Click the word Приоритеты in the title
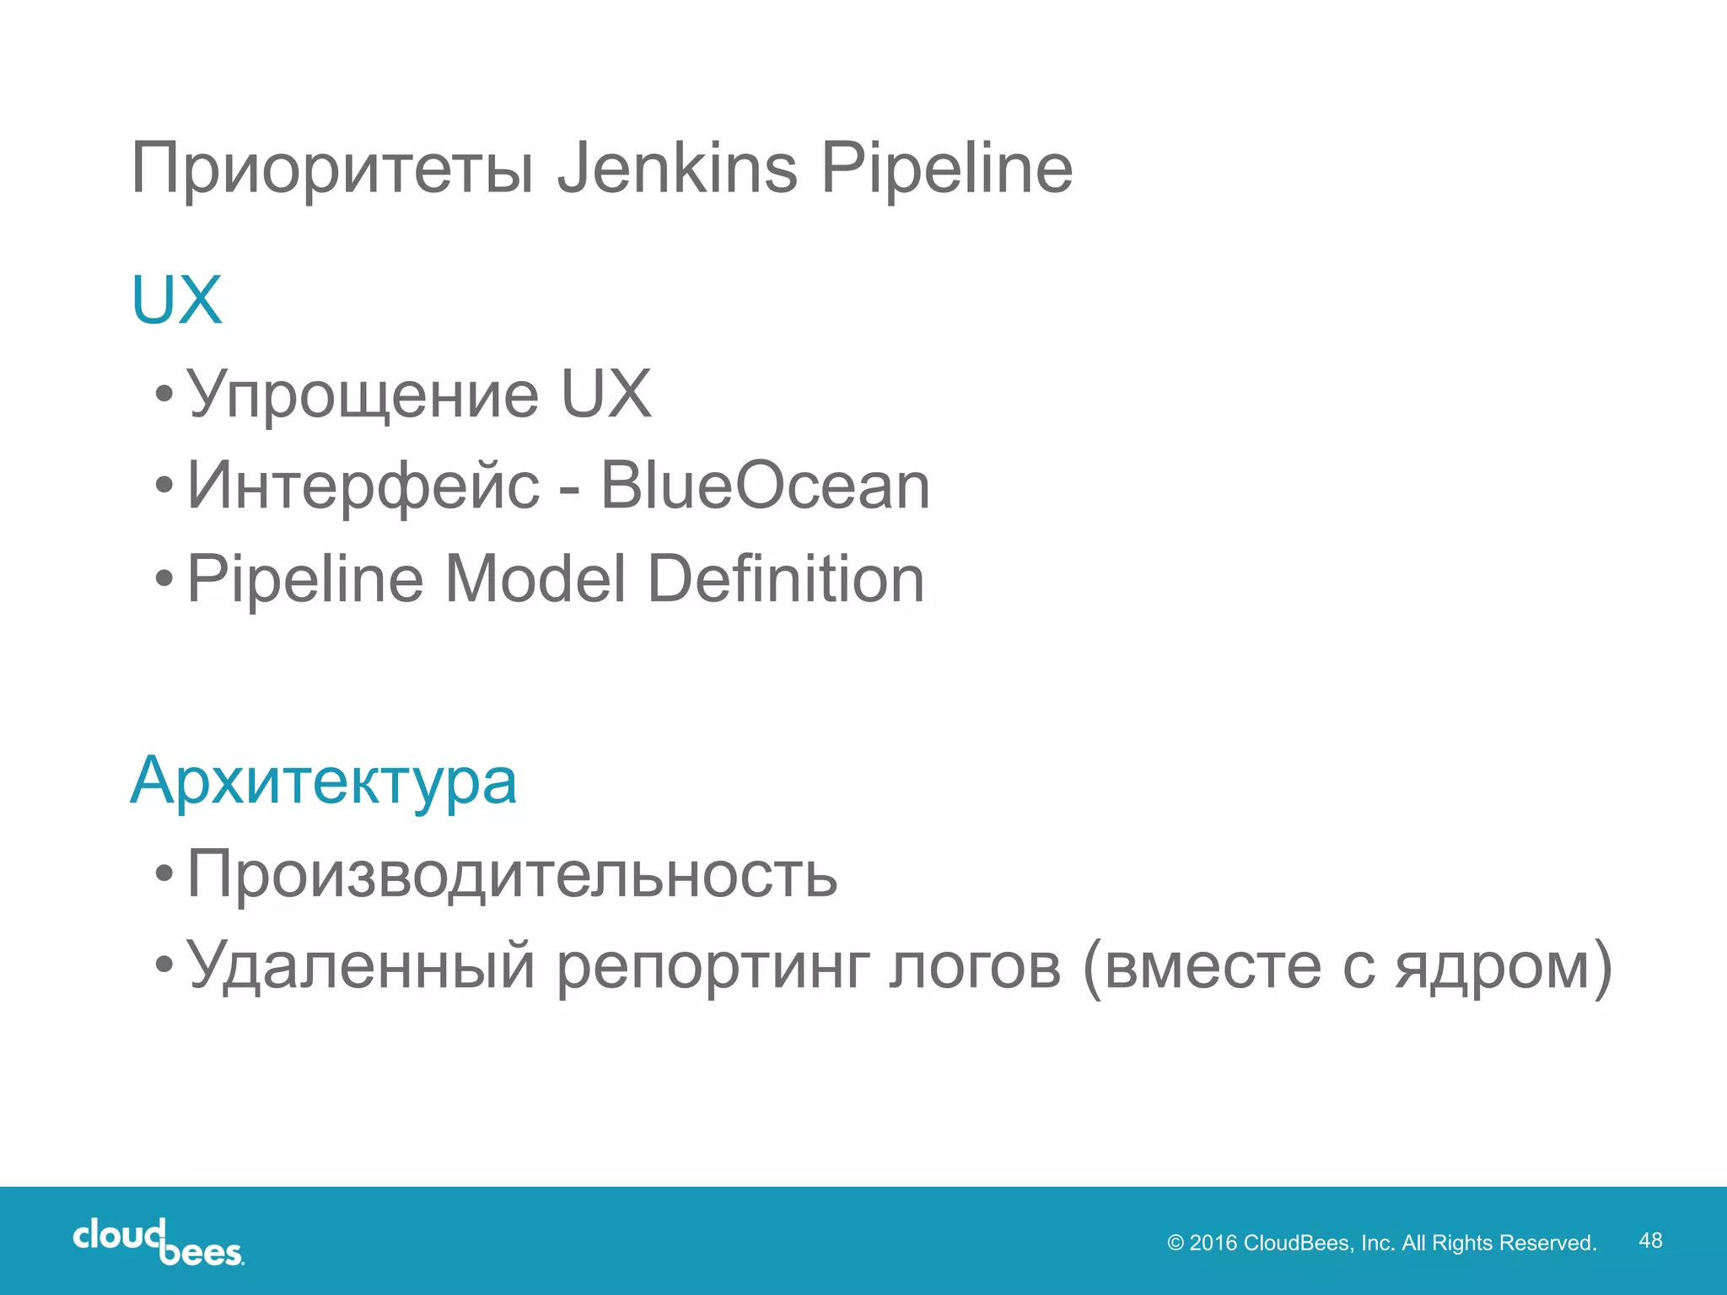click(332, 169)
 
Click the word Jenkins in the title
click(677, 168)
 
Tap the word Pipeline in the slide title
click(946, 169)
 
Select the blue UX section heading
click(176, 300)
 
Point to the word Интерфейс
click(363, 486)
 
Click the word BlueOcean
click(765, 486)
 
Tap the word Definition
click(786, 579)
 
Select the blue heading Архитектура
click(323, 782)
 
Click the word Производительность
click(512, 874)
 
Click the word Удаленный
click(361, 966)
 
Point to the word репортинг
click(713, 968)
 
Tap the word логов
click(975, 966)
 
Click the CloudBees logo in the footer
click(159, 1241)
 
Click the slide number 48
click(1650, 1240)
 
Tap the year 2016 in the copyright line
click(1213, 1243)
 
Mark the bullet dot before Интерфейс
click(164, 486)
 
